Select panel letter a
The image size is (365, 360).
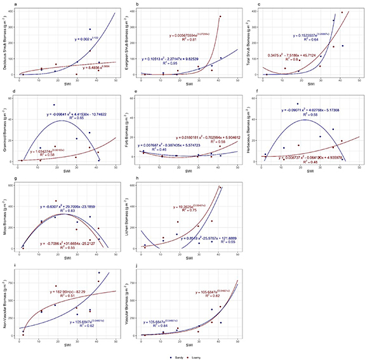(6, 5)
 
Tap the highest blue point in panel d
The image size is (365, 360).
(54, 105)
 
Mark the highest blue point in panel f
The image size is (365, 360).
(296, 104)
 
